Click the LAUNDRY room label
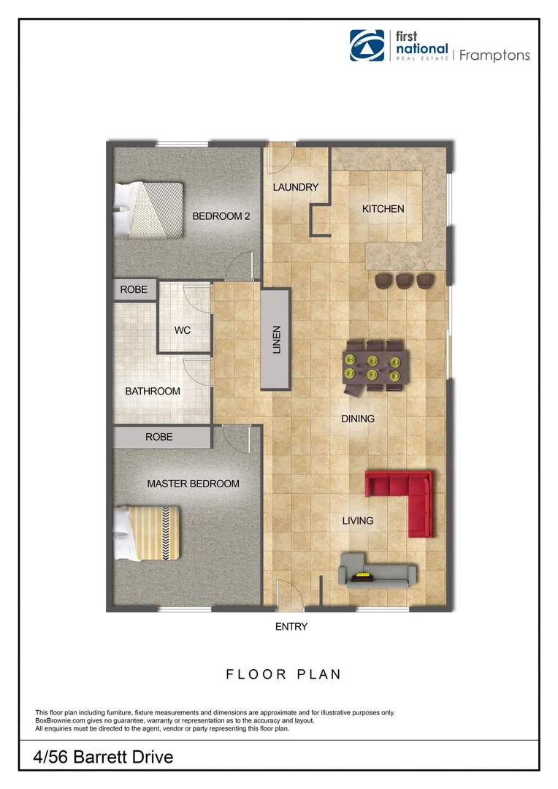[296, 187]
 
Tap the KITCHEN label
[383, 209]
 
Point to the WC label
[183, 330]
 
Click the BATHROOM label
[153, 392]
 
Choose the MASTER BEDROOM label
[194, 484]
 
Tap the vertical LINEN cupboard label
[276, 340]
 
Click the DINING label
[358, 419]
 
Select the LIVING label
[358, 521]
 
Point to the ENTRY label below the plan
[291, 627]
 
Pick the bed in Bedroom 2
[149, 209]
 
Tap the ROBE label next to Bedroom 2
[134, 290]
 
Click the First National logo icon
[367, 46]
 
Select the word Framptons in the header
[494, 56]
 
